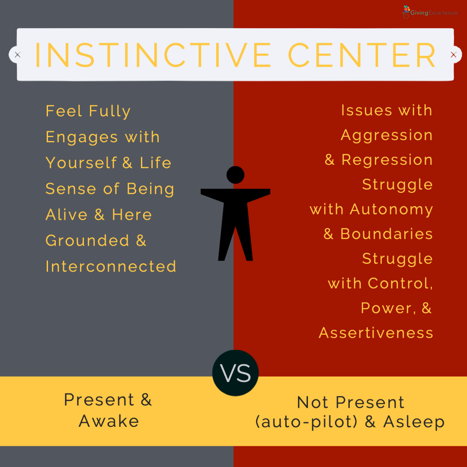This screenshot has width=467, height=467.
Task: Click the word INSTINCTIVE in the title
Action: click(153, 55)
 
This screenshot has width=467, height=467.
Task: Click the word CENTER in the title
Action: click(362, 55)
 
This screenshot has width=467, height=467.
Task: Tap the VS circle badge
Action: click(235, 373)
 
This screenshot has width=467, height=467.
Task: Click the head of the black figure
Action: click(235, 175)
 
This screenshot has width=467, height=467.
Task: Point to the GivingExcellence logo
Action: click(430, 12)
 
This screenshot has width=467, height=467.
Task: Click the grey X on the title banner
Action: click(18, 55)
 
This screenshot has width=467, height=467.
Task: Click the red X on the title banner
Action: click(454, 55)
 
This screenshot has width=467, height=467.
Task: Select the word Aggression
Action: click(387, 135)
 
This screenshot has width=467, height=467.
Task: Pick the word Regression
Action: click(387, 160)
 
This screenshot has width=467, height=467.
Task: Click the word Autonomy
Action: click(391, 209)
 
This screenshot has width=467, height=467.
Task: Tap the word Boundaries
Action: click(387, 234)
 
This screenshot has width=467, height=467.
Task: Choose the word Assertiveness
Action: click(376, 333)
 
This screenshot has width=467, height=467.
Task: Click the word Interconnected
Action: click(111, 266)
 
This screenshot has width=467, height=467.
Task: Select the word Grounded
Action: click(87, 240)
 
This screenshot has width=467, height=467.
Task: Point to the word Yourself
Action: click(81, 163)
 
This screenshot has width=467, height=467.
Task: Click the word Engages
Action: click(82, 138)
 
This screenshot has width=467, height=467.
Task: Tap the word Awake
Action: click(109, 421)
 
